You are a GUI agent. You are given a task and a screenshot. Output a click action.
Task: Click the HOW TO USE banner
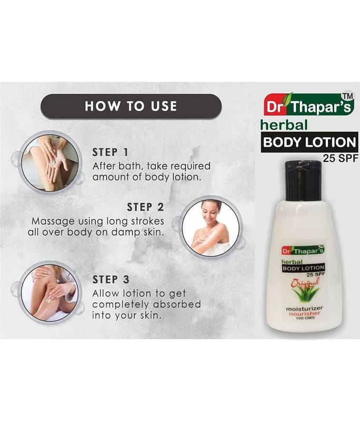point(131,106)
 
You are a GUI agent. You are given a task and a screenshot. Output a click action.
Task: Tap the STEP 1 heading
point(110,152)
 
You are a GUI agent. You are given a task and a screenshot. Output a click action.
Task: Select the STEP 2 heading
point(145,207)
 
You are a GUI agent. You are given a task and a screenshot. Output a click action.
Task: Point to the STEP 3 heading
point(111,280)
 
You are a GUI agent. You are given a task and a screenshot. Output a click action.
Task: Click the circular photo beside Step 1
point(50,163)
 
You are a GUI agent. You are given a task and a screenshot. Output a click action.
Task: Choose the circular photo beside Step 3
point(49,292)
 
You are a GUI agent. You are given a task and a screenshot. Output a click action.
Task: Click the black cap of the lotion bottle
point(303,180)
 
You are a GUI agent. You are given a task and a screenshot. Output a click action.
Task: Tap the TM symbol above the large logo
point(347,97)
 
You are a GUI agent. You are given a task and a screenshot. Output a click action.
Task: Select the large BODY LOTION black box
point(309,142)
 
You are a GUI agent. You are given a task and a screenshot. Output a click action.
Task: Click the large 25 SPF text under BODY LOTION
point(341,158)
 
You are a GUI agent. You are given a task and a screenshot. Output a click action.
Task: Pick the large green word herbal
point(284,125)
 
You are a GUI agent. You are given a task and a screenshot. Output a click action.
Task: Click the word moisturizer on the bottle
point(304,309)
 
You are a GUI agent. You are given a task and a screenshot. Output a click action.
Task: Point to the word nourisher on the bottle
point(304,313)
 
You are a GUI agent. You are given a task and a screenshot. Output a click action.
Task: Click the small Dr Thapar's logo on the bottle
point(303,251)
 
